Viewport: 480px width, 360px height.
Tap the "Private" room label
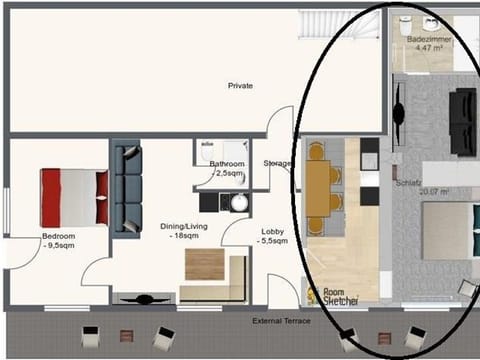240,86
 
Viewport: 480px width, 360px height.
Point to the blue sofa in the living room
127,190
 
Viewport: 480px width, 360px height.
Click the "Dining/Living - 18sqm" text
184,231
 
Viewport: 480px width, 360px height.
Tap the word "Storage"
277,163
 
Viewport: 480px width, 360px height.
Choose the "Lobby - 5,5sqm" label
273,235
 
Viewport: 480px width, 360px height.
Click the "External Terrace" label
281,320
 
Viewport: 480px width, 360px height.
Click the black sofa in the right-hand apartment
462,121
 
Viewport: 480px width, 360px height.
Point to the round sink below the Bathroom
239,202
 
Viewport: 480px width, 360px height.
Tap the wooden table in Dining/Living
205,264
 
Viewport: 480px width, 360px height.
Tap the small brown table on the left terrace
126,336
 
